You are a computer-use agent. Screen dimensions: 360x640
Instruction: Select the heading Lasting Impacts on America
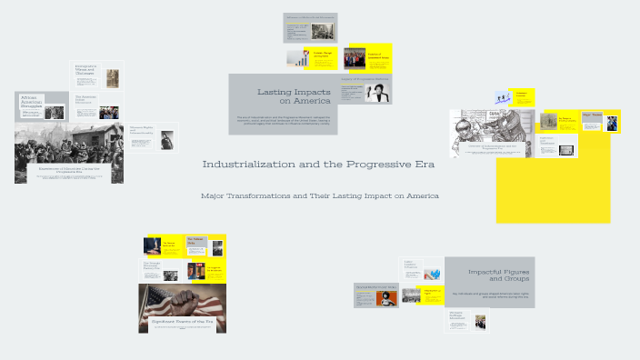(x=285, y=96)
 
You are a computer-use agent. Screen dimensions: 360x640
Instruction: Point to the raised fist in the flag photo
(x=183, y=298)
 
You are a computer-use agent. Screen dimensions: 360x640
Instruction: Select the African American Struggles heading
(x=30, y=106)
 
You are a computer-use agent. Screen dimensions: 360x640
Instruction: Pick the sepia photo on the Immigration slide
(x=112, y=77)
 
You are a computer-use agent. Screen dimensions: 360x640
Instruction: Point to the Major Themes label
(x=592, y=115)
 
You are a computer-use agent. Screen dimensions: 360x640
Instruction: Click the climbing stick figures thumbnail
(x=501, y=97)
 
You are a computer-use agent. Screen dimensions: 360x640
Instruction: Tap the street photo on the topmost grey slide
(x=323, y=31)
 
